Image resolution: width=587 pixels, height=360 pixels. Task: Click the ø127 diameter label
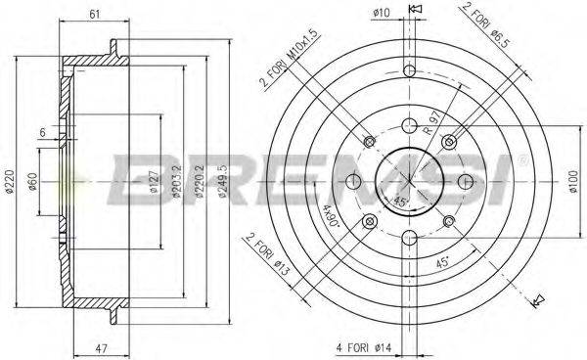[x=155, y=182]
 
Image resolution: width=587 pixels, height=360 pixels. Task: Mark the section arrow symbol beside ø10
[x=415, y=12]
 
